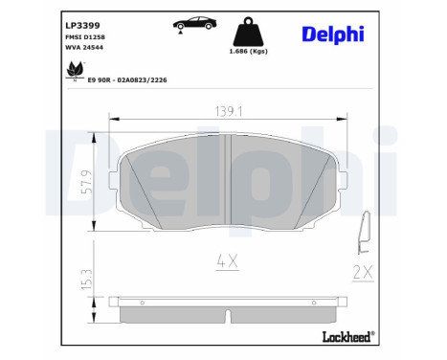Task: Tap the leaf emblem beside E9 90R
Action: coord(73,69)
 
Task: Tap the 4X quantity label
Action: coord(226,259)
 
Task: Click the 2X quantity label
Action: coord(363,273)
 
